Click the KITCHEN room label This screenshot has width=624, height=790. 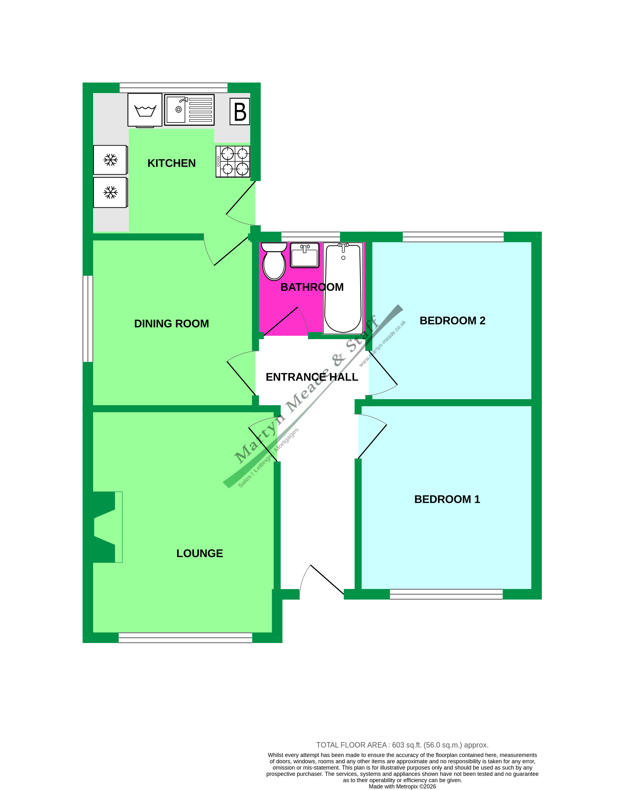pos(171,163)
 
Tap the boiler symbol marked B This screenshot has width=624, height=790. pos(240,112)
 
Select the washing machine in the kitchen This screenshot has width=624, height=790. pos(145,110)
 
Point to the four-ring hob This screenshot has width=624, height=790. pos(233,162)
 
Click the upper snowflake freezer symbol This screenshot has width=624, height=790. pos(110,160)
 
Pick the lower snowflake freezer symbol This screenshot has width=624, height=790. pos(110,192)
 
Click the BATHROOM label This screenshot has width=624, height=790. pos(312,287)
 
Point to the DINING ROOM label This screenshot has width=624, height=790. pos(171,324)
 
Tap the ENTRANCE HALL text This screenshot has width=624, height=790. pos(312,377)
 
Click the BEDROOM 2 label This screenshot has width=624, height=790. pos(452,321)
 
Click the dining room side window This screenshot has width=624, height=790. pos(88,318)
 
